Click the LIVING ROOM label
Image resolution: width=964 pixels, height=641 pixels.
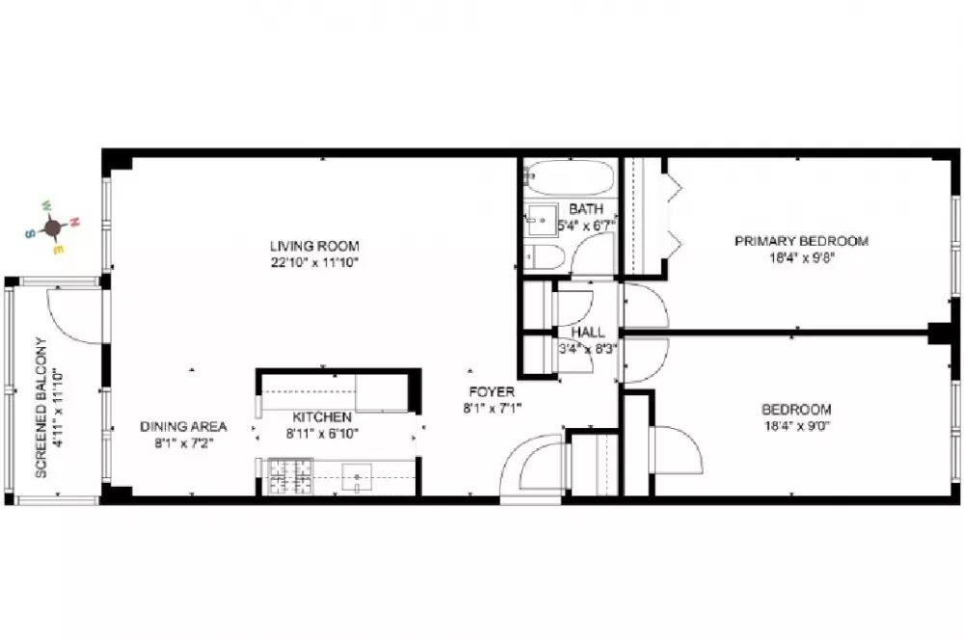[x=314, y=246]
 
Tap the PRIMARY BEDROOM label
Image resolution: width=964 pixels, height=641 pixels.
[x=801, y=241]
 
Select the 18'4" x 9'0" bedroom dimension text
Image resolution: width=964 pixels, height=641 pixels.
[x=797, y=426]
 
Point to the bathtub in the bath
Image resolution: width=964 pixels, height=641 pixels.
[x=571, y=177]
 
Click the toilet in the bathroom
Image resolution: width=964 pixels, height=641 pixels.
[x=545, y=257]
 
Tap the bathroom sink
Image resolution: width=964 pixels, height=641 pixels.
[x=541, y=220]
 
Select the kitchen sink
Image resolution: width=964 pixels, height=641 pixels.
[x=358, y=478]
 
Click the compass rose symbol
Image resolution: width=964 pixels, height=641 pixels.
[x=53, y=227]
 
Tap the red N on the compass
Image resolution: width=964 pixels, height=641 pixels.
[x=74, y=222]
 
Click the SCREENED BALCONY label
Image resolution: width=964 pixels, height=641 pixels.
[x=41, y=408]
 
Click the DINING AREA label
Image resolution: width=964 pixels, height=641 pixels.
[x=183, y=426]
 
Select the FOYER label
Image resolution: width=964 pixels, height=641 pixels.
[x=492, y=391]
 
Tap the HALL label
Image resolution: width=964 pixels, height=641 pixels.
[x=588, y=332]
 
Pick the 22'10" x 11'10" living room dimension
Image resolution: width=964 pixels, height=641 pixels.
[x=314, y=263]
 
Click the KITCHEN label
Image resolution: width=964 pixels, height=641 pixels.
[x=322, y=417]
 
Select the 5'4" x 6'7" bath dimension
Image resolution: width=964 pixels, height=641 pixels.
[x=586, y=226]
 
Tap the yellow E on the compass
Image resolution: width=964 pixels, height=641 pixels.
[x=57, y=250]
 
